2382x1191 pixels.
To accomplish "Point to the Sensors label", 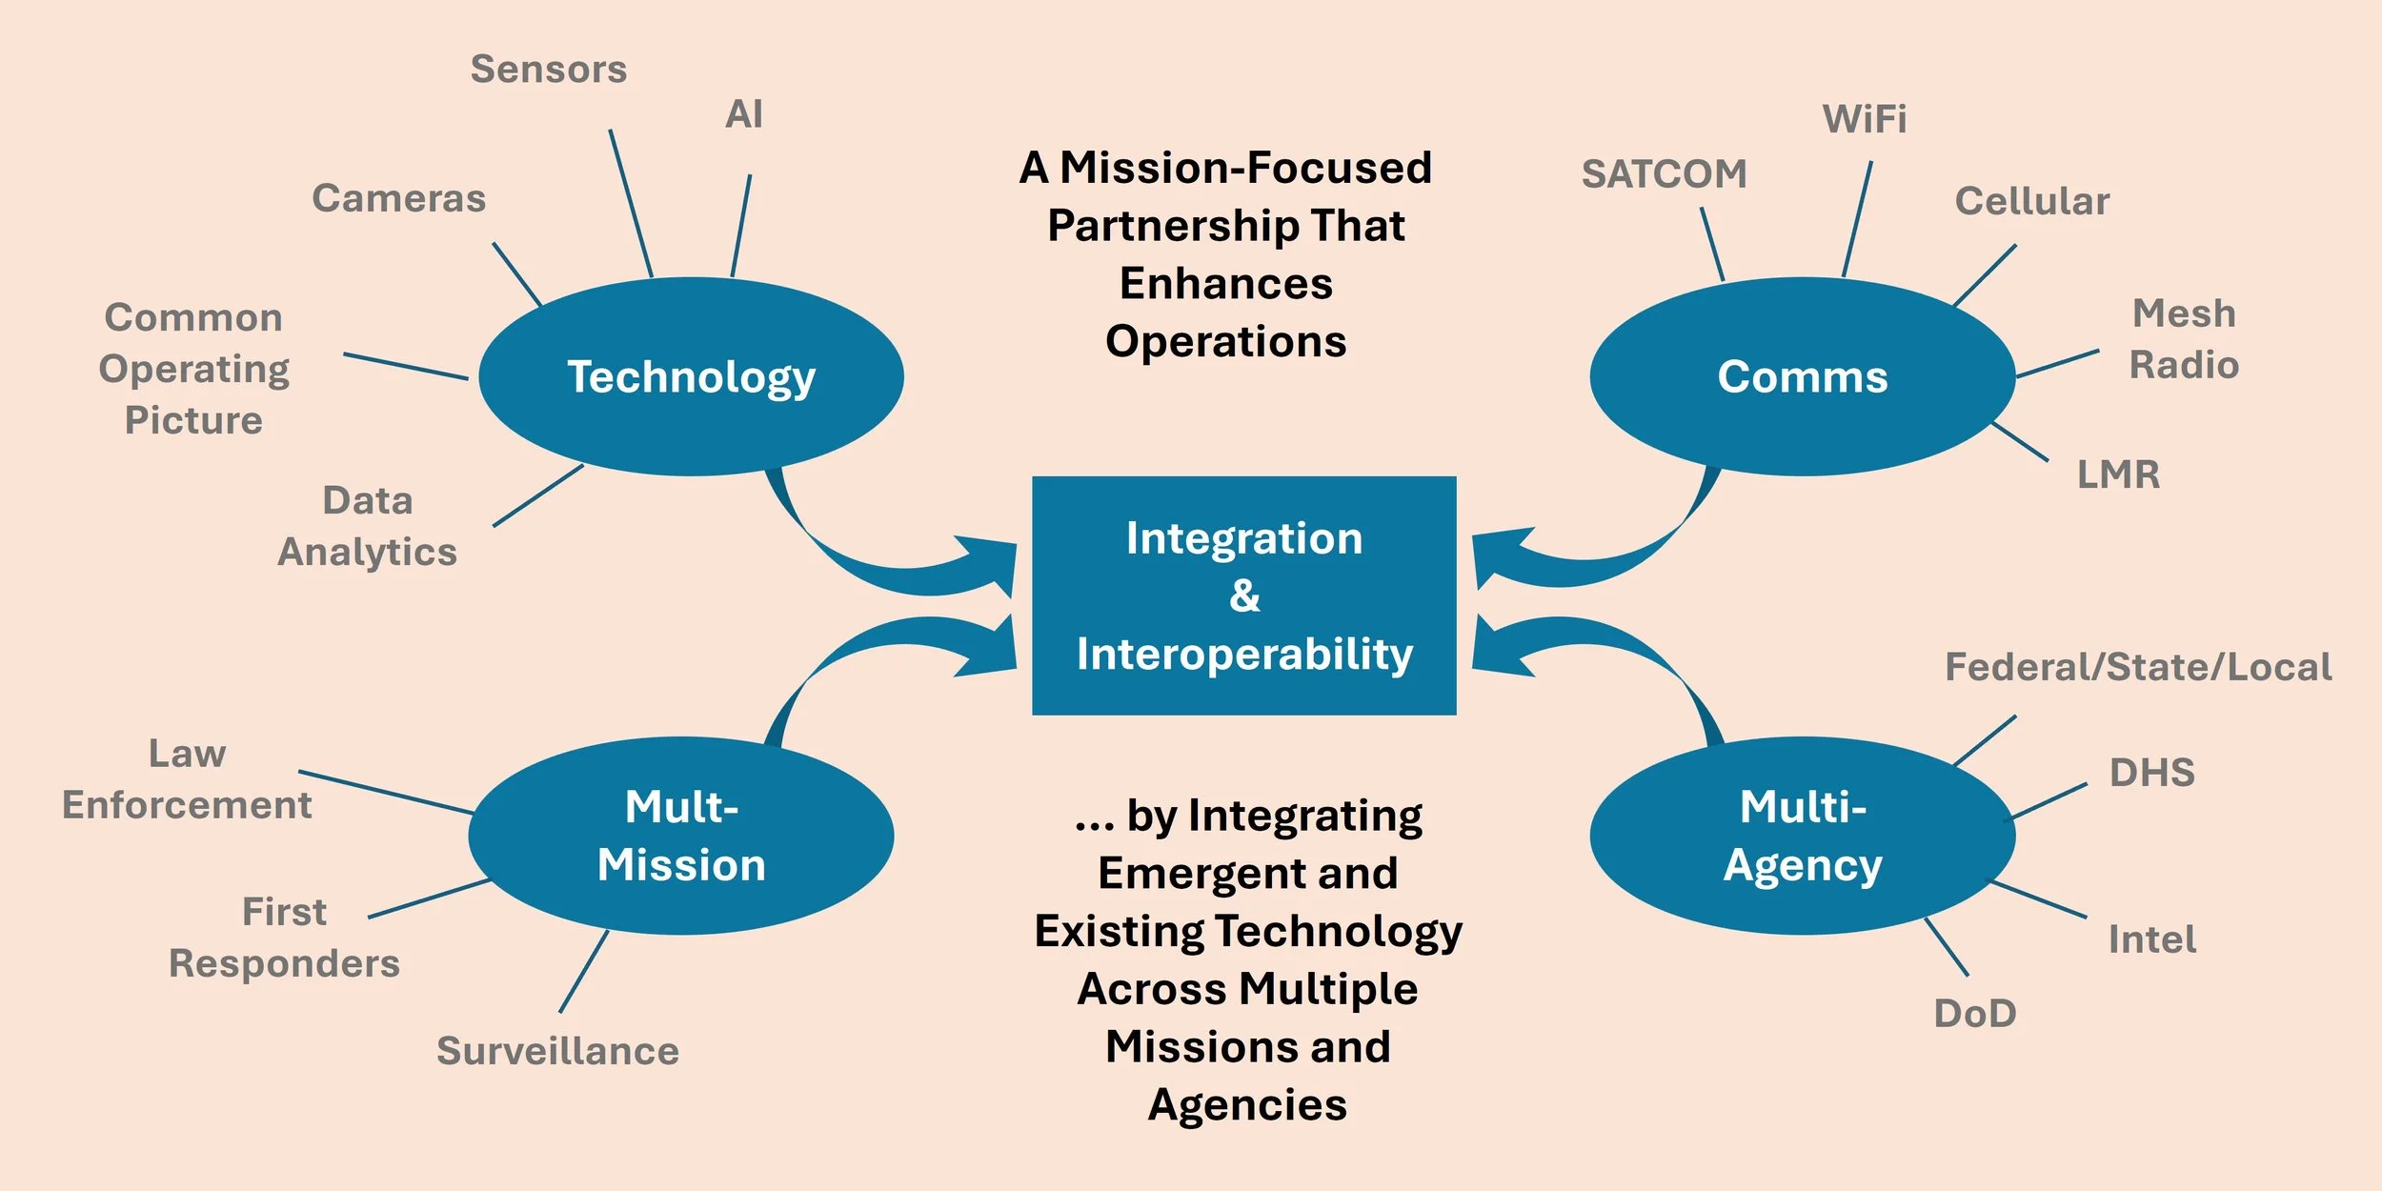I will (x=549, y=70).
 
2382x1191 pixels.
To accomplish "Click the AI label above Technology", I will (x=744, y=114).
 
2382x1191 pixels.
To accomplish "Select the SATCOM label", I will (x=1664, y=174).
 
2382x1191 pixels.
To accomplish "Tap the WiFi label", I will (x=1865, y=119).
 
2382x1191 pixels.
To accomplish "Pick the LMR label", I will (x=2118, y=474).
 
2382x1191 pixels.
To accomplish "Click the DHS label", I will (x=2151, y=773).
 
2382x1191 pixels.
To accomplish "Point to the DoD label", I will (x=1974, y=1014).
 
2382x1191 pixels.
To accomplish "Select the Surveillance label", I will (x=557, y=1051).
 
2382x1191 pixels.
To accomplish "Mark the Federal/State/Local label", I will (x=2138, y=667).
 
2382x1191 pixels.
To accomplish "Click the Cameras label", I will (x=398, y=198).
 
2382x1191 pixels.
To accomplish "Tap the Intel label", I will (x=2151, y=939).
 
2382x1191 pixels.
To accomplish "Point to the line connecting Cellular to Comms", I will (x=1985, y=275).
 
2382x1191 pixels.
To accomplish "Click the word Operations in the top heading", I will (x=1225, y=341).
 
